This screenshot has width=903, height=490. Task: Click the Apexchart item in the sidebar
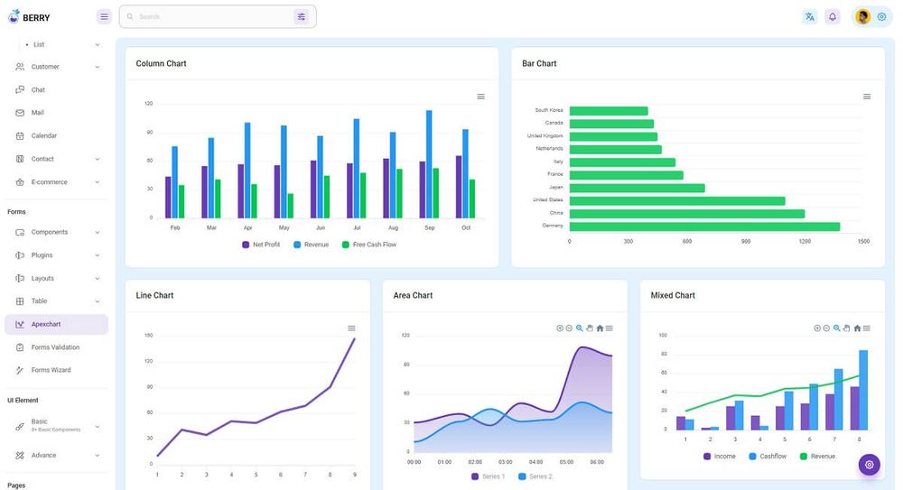tap(46, 324)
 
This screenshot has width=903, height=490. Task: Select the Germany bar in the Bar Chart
tap(704, 227)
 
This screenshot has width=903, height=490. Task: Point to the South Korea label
tap(548, 110)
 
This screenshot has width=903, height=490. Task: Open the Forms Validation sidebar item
tap(55, 347)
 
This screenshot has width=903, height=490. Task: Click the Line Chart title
tap(154, 295)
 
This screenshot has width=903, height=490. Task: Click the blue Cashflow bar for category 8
tap(863, 390)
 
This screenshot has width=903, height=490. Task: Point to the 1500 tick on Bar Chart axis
tap(863, 242)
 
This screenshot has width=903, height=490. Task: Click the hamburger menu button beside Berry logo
tap(104, 16)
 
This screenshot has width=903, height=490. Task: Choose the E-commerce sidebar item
tap(49, 181)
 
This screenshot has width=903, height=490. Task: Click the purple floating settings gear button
tap(869, 465)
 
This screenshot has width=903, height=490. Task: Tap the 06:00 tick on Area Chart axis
tap(596, 462)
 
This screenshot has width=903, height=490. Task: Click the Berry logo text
tap(36, 17)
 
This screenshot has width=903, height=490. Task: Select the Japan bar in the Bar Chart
tap(637, 188)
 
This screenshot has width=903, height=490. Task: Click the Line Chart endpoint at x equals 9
tap(355, 338)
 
